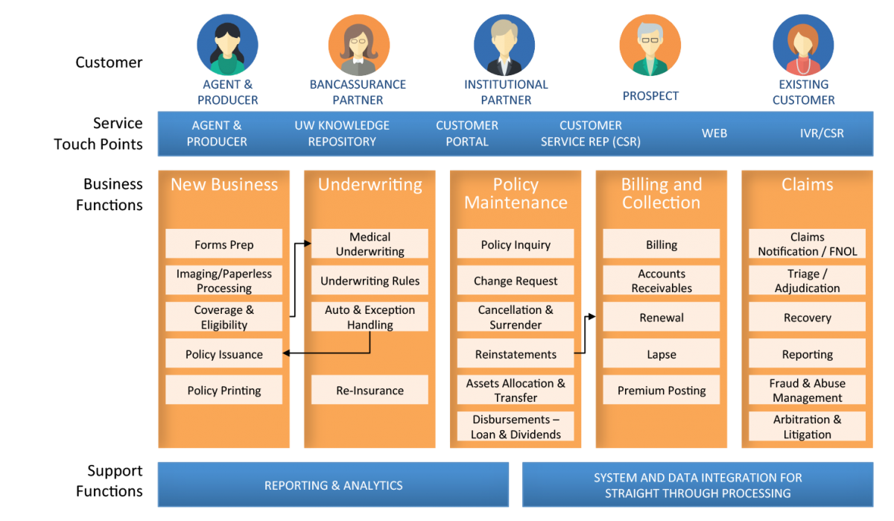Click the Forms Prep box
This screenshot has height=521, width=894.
tap(224, 244)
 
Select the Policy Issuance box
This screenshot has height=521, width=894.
tap(224, 353)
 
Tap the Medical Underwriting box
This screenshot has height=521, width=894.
tap(370, 244)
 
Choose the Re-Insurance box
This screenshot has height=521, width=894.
tap(370, 390)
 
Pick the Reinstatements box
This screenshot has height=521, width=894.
tap(516, 353)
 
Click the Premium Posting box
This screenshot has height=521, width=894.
tap(662, 390)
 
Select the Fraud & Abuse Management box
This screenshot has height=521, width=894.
tap(807, 390)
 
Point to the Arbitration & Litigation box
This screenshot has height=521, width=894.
tap(807, 426)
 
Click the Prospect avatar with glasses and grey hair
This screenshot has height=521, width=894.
tap(650, 45)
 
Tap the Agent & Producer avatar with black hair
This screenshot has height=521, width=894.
tap(227, 45)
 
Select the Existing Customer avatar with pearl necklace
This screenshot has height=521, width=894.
tap(803, 45)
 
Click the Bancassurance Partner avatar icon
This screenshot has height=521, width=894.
tap(359, 45)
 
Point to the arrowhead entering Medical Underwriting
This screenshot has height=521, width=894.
tap(307, 243)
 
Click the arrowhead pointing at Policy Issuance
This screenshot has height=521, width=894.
tap(286, 353)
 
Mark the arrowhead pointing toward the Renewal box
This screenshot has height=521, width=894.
tap(592, 317)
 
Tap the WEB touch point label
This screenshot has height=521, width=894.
tap(714, 133)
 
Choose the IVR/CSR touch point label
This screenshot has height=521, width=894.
tap(822, 133)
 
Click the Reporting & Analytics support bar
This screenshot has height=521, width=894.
tap(333, 484)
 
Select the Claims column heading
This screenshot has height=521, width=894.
tap(807, 184)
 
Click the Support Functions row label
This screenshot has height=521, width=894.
tap(109, 481)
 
